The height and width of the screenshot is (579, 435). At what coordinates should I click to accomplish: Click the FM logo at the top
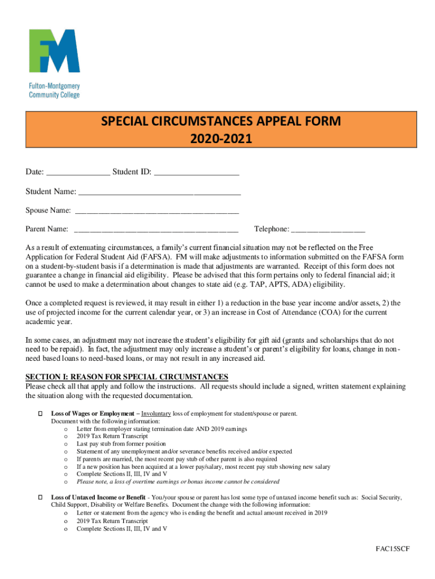[x=54, y=51]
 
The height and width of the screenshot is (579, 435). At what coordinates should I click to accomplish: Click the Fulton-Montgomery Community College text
[x=54, y=90]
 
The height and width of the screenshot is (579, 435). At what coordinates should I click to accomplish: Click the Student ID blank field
[x=196, y=172]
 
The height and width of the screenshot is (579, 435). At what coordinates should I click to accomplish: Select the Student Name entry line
[x=160, y=191]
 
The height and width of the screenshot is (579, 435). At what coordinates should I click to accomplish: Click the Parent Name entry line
[x=156, y=229]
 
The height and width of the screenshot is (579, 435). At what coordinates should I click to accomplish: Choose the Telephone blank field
[x=328, y=229]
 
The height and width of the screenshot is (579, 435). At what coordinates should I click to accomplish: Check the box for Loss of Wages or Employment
[x=40, y=414]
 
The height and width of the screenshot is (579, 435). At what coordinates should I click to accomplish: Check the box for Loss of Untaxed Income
[x=40, y=497]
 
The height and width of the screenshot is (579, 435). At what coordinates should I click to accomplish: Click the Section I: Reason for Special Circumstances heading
[x=127, y=377]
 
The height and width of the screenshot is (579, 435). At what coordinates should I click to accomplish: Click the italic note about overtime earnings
[x=178, y=482]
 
